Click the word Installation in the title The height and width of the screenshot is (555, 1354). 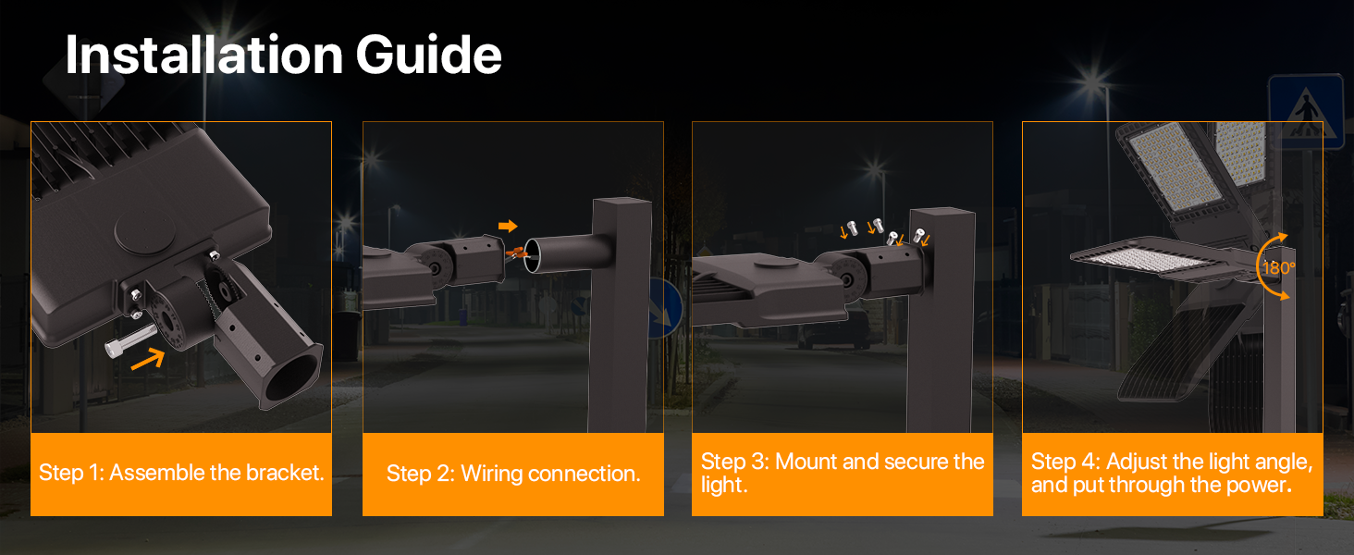pos(204,55)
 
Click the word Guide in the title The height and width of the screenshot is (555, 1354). pos(428,55)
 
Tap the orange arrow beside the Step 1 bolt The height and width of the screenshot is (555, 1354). pos(148,358)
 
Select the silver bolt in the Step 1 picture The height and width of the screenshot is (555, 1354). pos(130,339)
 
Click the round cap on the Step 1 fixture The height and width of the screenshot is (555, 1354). pos(145,230)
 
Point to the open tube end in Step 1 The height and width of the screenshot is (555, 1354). pos(293,377)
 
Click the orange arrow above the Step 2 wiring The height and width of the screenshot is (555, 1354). pos(508,226)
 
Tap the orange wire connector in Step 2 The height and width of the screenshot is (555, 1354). pos(515,253)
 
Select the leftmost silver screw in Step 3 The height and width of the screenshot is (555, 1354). pos(853,228)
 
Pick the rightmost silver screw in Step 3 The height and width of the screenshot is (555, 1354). pos(918,235)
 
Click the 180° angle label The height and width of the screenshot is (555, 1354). pos(1278,268)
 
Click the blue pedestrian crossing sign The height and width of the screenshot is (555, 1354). pos(1306,112)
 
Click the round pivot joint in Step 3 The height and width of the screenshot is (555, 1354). pos(845,278)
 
